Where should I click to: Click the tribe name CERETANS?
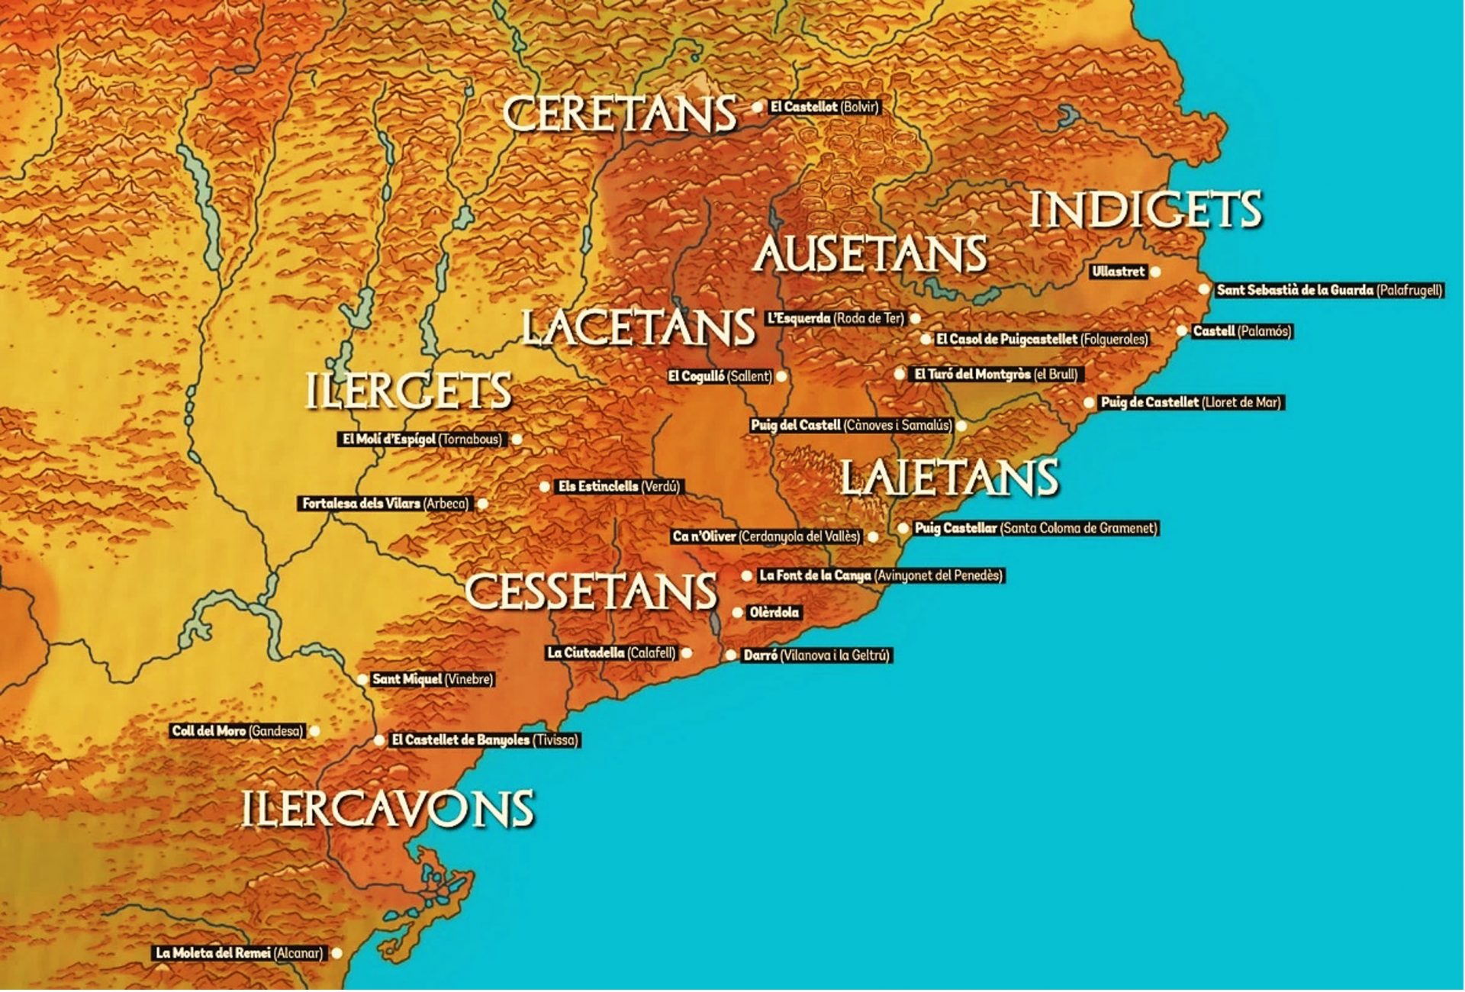pos(620,114)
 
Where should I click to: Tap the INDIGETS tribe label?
pos(1145,211)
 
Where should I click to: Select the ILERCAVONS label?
pos(388,810)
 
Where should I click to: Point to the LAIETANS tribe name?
pos(949,478)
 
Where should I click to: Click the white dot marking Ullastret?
pos(1156,272)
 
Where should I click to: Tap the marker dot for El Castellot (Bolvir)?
pos(757,108)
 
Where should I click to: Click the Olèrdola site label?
pos(774,613)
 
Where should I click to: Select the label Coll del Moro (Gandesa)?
pos(237,731)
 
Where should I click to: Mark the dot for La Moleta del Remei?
pos(336,953)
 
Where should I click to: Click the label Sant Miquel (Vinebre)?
pos(432,679)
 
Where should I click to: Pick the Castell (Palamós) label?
pos(1241,331)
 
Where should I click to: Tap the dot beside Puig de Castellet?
pos(1089,403)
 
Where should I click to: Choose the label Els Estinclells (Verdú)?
pos(619,487)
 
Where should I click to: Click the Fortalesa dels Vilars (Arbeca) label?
pos(385,504)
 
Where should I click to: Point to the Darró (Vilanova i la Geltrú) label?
pos(816,655)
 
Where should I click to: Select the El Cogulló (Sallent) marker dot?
pos(781,376)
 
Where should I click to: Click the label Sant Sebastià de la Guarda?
pos(1329,290)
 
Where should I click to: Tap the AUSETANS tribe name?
pos(870,255)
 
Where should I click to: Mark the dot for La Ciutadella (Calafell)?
pos(687,653)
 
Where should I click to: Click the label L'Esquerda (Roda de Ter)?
pos(836,318)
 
